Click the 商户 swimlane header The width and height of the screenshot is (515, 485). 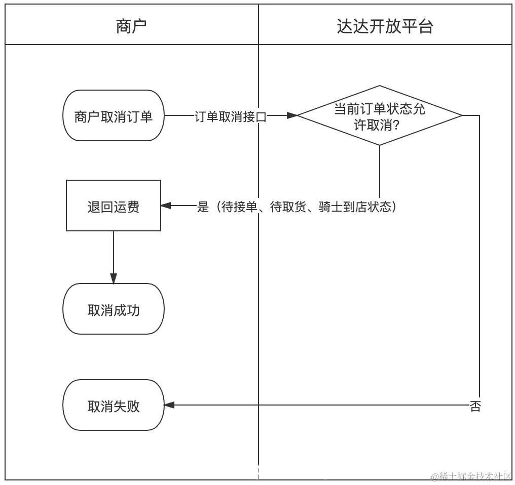pos(131,26)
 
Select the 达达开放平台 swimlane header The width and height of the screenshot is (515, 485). pos(385,26)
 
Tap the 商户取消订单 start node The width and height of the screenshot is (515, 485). pos(113,116)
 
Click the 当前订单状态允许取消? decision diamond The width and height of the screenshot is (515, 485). pos(379,116)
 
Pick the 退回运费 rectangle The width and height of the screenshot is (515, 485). pos(114,206)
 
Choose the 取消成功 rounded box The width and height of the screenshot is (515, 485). pos(113,309)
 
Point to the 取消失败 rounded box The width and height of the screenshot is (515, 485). pos(113,406)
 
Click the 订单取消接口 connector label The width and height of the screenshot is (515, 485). pos(231,117)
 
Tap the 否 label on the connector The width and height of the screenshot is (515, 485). pos(475,406)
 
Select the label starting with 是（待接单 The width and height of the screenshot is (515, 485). pos(297,207)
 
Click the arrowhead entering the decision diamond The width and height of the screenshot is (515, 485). pos(292,116)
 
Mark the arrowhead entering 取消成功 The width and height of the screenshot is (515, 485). pos(114,278)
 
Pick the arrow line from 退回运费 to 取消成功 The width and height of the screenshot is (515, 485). pos(114,253)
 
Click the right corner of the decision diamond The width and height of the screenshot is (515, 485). pos(461,116)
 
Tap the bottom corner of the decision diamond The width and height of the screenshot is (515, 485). pos(380,144)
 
